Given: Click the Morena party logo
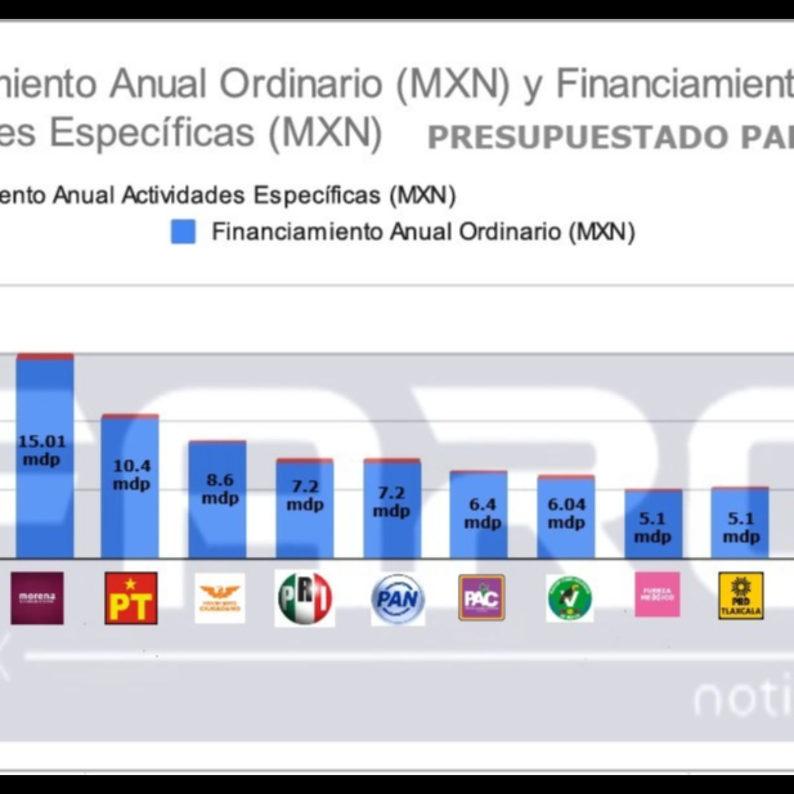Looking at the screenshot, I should [37, 598].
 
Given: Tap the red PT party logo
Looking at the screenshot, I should [131, 598].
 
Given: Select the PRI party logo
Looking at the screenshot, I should [305, 598].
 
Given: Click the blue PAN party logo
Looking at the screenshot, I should [398, 599].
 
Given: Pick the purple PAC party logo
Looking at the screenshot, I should [482, 598].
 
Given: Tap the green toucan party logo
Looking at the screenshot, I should [569, 598].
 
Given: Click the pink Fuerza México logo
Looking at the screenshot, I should [657, 594].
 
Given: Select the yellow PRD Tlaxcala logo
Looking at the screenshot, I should [741, 595].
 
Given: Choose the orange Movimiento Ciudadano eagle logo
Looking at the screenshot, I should [220, 598].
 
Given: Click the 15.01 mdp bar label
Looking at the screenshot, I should [42, 450].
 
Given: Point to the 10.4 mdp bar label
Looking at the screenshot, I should [132, 475].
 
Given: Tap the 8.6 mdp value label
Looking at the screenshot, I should [220, 489].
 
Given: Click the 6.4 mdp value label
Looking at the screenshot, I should [483, 513].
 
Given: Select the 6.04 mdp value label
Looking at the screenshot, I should [567, 513].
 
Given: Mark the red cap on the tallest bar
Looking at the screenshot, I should [45, 357].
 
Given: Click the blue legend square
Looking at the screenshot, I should [183, 232].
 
